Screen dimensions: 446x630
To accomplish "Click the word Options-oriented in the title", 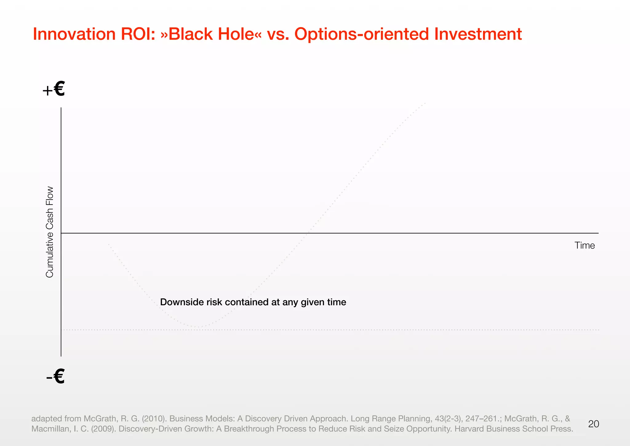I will coord(361,34).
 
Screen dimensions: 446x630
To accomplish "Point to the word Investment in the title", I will coord(478,34).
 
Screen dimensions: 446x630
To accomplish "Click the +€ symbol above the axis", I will coord(54,89).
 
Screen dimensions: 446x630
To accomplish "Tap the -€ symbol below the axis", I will coord(55,376).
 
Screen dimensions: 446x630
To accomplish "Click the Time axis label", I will coord(584,245).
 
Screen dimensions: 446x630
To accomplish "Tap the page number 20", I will coord(593,424).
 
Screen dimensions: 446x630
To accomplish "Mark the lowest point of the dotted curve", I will coord(199,327).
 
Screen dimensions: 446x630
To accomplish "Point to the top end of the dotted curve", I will coord(425,103).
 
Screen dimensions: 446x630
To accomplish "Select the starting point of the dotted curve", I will coord(108,244).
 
